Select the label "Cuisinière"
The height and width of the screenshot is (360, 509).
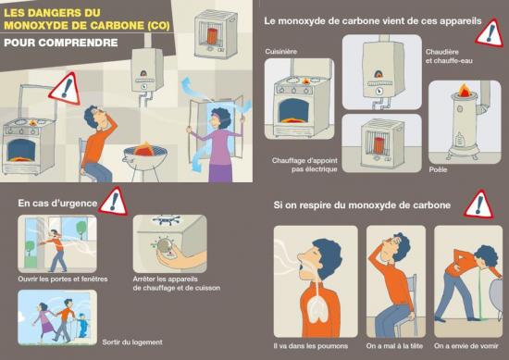point(281,52)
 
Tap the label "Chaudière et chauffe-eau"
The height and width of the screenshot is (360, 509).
point(451,56)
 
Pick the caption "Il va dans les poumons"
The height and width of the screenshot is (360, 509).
point(314,347)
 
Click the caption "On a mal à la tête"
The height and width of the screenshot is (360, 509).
point(396,347)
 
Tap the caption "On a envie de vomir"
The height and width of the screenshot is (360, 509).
point(468,347)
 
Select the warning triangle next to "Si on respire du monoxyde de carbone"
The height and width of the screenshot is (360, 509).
point(477,205)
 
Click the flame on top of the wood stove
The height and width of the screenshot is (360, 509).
point(464,93)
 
